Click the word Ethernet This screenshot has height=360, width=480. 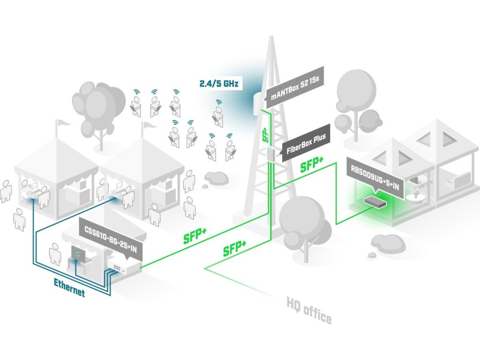[x=69, y=288]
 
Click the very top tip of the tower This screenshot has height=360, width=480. [x=271, y=37]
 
